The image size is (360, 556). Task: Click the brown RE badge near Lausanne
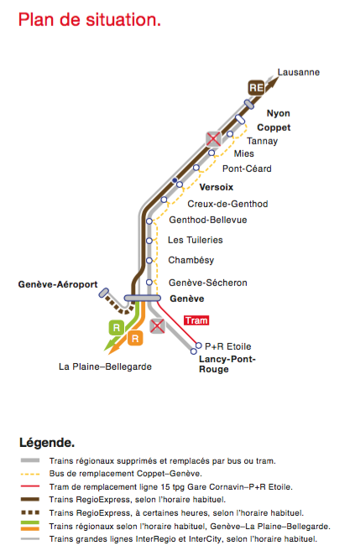tap(256, 87)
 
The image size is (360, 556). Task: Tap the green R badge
tap(117, 328)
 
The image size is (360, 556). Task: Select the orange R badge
tap(135, 338)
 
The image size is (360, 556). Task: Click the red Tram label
tap(196, 320)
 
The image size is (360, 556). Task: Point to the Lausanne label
tap(299, 72)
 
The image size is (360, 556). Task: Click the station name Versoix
tap(217, 187)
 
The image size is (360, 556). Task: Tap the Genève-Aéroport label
tap(58, 284)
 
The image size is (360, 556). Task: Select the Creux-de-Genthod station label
tap(227, 204)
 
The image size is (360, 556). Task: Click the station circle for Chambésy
tap(149, 261)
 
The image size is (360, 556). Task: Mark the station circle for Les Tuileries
tap(149, 241)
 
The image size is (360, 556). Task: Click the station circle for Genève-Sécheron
tap(149, 283)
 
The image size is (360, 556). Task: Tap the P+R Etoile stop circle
tap(199, 346)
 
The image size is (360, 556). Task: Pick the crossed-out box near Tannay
tap(213, 138)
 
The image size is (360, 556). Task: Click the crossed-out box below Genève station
tap(157, 326)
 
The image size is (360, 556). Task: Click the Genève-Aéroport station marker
tap(103, 293)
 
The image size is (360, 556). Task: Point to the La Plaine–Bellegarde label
tap(106, 366)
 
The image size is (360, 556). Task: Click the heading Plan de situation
tap(90, 20)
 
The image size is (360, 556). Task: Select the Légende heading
tap(47, 443)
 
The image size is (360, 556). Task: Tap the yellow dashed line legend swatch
tap(30, 474)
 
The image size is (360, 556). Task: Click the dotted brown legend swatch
tap(30, 512)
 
